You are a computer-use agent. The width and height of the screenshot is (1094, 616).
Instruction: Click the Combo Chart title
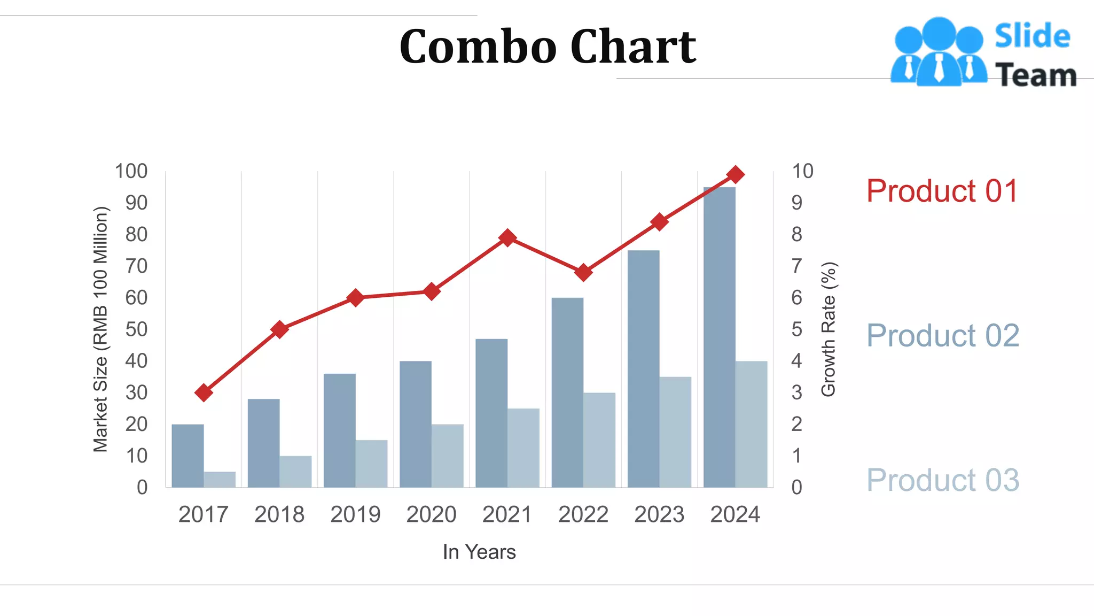pos(548,47)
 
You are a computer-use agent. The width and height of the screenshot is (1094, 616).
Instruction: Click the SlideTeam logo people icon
pos(939,52)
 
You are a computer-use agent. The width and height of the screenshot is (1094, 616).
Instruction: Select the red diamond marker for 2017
pos(204,393)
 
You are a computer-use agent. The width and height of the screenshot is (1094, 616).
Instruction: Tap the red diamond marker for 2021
pos(507,237)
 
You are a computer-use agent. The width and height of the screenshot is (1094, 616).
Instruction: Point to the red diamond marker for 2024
pos(736,174)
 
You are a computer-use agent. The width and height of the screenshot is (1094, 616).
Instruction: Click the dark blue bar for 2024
pos(719,337)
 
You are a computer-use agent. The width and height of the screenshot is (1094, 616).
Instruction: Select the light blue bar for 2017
pos(220,479)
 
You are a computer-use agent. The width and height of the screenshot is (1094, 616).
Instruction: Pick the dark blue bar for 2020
pos(415,424)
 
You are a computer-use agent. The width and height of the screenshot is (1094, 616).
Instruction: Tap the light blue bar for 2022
pos(599,440)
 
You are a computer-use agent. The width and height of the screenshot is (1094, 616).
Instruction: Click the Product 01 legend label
pos(942,191)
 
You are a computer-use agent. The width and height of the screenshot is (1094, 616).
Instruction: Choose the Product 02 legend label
pos(942,336)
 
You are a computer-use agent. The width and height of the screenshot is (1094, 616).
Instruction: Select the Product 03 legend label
pos(942,480)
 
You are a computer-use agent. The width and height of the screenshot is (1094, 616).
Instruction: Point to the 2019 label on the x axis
pos(355,514)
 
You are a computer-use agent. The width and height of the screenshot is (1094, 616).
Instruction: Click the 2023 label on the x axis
pos(659,514)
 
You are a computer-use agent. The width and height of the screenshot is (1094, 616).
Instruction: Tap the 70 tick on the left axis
pos(136,266)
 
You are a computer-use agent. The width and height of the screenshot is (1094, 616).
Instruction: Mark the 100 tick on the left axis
pos(131,171)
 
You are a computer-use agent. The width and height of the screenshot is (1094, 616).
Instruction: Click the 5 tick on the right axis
pos(796,329)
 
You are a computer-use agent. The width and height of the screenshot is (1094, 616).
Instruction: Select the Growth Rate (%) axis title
pos(829,329)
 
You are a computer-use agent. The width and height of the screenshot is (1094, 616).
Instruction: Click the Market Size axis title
pos(100,329)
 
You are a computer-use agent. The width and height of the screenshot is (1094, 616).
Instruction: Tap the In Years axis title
pos(479,552)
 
